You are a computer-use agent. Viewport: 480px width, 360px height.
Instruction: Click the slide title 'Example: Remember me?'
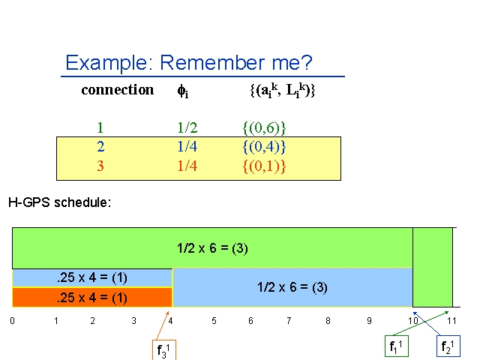189,63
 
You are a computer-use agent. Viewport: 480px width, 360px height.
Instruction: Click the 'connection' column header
118,90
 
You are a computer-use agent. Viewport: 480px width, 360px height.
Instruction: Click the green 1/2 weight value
187,127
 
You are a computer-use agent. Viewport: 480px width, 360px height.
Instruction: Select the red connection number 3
100,166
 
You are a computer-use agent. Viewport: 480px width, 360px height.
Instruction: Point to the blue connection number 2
100,147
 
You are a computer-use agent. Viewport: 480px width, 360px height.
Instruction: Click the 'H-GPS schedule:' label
60,202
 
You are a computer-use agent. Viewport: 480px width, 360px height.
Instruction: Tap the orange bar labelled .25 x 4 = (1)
92,297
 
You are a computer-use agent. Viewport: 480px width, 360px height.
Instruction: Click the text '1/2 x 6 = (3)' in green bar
212,248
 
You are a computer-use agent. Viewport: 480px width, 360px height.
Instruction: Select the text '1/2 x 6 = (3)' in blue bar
292,287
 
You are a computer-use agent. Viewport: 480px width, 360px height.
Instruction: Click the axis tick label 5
214,321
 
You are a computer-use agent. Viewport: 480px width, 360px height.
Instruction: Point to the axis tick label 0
12,321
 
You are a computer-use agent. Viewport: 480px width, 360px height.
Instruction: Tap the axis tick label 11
451,321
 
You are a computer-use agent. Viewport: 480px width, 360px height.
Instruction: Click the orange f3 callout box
164,349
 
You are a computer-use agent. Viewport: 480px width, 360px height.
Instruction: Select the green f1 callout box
397,346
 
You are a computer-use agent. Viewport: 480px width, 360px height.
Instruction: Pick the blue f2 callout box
448,346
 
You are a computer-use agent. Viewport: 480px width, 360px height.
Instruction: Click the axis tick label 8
328,321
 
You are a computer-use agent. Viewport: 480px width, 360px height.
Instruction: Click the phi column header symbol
183,91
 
